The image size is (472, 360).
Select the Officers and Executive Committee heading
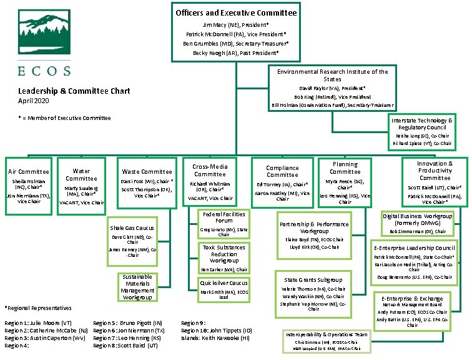click(x=236, y=12)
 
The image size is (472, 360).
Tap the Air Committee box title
click(x=28, y=171)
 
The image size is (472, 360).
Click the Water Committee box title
click(x=81, y=174)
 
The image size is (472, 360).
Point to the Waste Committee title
click(x=147, y=171)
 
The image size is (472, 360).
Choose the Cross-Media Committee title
click(x=210, y=170)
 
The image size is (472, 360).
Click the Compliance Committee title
click(x=282, y=171)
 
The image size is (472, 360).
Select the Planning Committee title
click(x=345, y=168)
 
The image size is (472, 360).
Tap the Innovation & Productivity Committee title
click(x=435, y=170)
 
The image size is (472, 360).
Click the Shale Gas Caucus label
click(x=132, y=228)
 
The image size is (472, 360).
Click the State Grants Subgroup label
click(x=313, y=280)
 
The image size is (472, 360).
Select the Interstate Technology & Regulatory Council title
click(x=421, y=123)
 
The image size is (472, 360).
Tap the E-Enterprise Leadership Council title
click(x=423, y=248)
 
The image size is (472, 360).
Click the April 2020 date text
click(x=33, y=101)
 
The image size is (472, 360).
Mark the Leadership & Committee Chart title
click(x=74, y=91)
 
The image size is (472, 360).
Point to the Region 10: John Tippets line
click(x=216, y=330)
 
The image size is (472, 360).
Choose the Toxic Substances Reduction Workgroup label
click(x=224, y=254)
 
